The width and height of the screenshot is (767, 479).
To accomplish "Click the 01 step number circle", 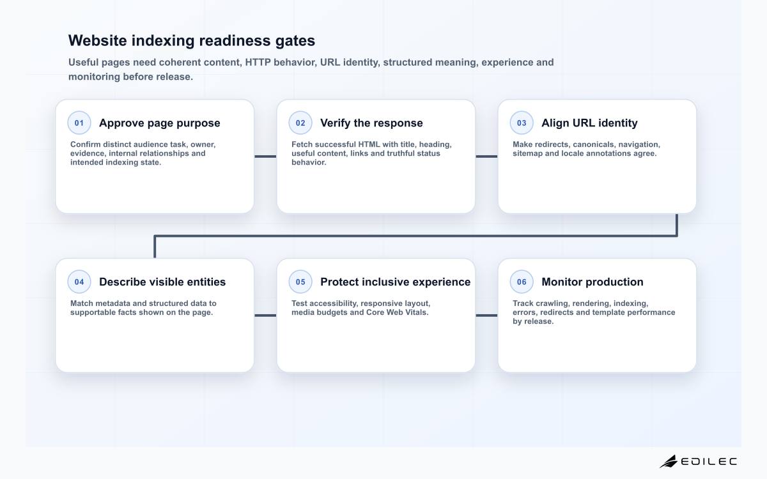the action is click(x=79, y=123).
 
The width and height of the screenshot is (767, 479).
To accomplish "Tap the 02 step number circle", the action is click(x=300, y=123).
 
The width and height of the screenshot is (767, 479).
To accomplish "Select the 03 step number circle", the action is click(x=522, y=123).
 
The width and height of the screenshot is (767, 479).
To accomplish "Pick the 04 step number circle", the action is click(x=79, y=282).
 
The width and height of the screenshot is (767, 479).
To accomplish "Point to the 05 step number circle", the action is click(x=300, y=282).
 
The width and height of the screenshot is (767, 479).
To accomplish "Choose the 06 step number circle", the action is click(x=522, y=282).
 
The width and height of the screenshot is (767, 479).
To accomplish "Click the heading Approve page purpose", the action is click(x=160, y=123).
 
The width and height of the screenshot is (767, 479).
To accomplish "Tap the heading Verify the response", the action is click(x=371, y=123).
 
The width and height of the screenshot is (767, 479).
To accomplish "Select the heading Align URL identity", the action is click(x=589, y=123).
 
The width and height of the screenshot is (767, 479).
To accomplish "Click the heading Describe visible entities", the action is click(x=162, y=282).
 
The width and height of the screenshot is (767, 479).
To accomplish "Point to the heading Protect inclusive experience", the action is click(x=396, y=282).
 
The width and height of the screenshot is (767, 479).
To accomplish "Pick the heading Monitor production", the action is click(x=593, y=282).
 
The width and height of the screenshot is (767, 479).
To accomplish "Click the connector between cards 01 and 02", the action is click(x=265, y=156).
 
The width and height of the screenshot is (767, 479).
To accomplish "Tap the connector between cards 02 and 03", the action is click(x=486, y=156).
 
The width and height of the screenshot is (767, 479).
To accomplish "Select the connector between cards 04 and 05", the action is click(x=265, y=316).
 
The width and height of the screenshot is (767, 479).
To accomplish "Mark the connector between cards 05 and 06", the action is click(x=486, y=316).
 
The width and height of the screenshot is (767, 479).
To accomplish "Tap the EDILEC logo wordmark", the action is click(x=709, y=462).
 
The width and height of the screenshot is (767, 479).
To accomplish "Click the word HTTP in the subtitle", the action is click(x=258, y=63).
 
